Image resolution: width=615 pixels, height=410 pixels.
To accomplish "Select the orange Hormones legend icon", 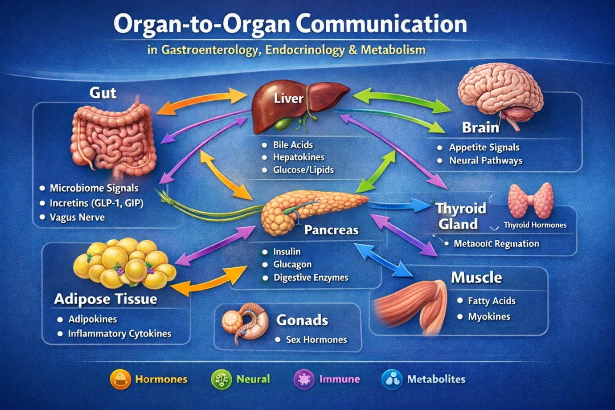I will tap(120, 379).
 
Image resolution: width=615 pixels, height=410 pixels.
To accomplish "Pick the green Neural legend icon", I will tap(221, 379).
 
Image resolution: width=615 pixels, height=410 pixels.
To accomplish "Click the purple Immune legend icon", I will tap(304, 379).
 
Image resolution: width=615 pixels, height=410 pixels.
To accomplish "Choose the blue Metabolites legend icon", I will tap(392, 379).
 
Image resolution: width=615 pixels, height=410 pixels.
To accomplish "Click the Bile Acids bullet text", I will tap(293, 145).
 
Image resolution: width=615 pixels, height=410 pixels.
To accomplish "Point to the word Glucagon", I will tap(292, 264).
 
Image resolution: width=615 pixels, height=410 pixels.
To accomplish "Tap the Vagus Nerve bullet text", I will tap(77, 217).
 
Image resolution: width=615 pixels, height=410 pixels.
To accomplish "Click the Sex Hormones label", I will tap(316, 340).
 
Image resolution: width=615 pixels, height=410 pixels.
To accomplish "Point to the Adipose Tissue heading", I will tap(106, 299).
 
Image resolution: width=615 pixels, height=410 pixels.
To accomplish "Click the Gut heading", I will tap(102, 93).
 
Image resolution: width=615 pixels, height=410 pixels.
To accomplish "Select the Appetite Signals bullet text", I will tap(484, 148).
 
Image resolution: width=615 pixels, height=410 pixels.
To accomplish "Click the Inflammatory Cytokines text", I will tap(119, 334).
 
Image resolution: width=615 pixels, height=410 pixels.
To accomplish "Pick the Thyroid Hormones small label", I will tap(535, 225).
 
